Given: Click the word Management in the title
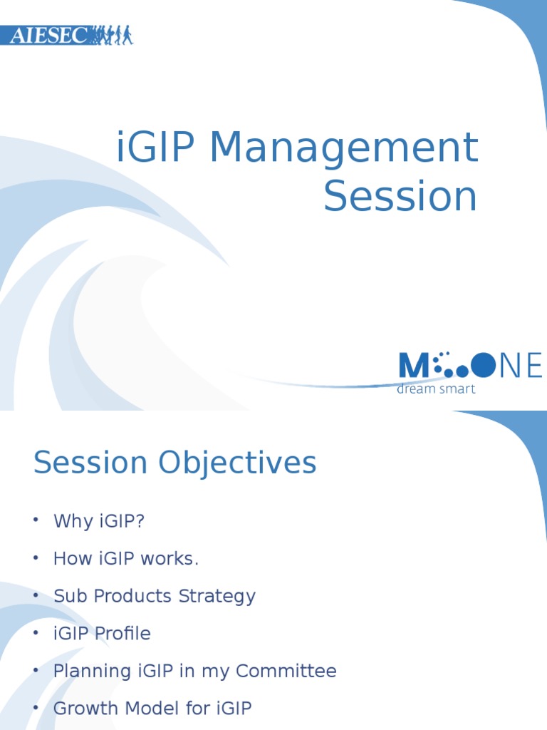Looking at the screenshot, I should [343, 148].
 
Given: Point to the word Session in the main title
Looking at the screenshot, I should [400, 196].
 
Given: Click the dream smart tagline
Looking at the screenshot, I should [436, 389].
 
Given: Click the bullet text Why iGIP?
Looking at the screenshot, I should [99, 521].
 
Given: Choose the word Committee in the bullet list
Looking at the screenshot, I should [286, 671].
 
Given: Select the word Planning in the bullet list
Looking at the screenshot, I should [92, 671].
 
